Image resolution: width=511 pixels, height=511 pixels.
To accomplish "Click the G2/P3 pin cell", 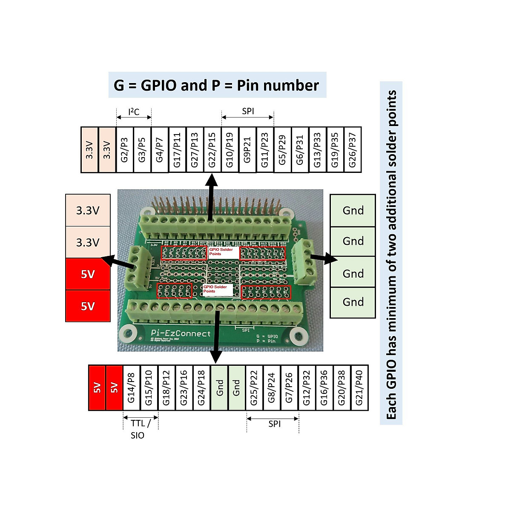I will coord(125,149).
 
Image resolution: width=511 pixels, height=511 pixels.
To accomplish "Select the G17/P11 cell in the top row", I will coord(177,149).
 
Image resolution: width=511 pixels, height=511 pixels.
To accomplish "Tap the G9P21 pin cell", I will coord(247,149).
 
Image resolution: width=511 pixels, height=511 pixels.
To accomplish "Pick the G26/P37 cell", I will coord(353,149).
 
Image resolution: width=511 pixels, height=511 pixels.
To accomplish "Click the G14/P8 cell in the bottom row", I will coord(131,388).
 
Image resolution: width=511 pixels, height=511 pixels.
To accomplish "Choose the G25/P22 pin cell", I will coord(254,388).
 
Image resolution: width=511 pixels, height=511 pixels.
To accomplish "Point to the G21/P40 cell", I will coord(359,388).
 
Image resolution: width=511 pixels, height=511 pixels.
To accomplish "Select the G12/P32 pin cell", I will coord(307,388).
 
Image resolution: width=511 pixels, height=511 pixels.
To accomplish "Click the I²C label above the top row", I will coord(134,112).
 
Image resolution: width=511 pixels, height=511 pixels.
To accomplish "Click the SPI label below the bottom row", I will coord(274,424).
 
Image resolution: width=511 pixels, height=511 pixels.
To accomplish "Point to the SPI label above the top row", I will coord(248,111).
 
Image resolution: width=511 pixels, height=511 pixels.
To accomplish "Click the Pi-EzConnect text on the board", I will coord(181,333).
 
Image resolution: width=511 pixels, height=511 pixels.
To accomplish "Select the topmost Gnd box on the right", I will coord(353,210).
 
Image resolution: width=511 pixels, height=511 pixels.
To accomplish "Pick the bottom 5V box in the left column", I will coord(88,306).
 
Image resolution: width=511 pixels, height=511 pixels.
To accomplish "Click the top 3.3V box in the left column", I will coord(88,210).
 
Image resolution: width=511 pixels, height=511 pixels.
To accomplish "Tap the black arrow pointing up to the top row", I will coord(210,198).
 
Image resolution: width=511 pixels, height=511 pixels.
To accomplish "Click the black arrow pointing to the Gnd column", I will coord(324,258).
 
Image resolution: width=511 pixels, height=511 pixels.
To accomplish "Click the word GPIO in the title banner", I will coord(159,85).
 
